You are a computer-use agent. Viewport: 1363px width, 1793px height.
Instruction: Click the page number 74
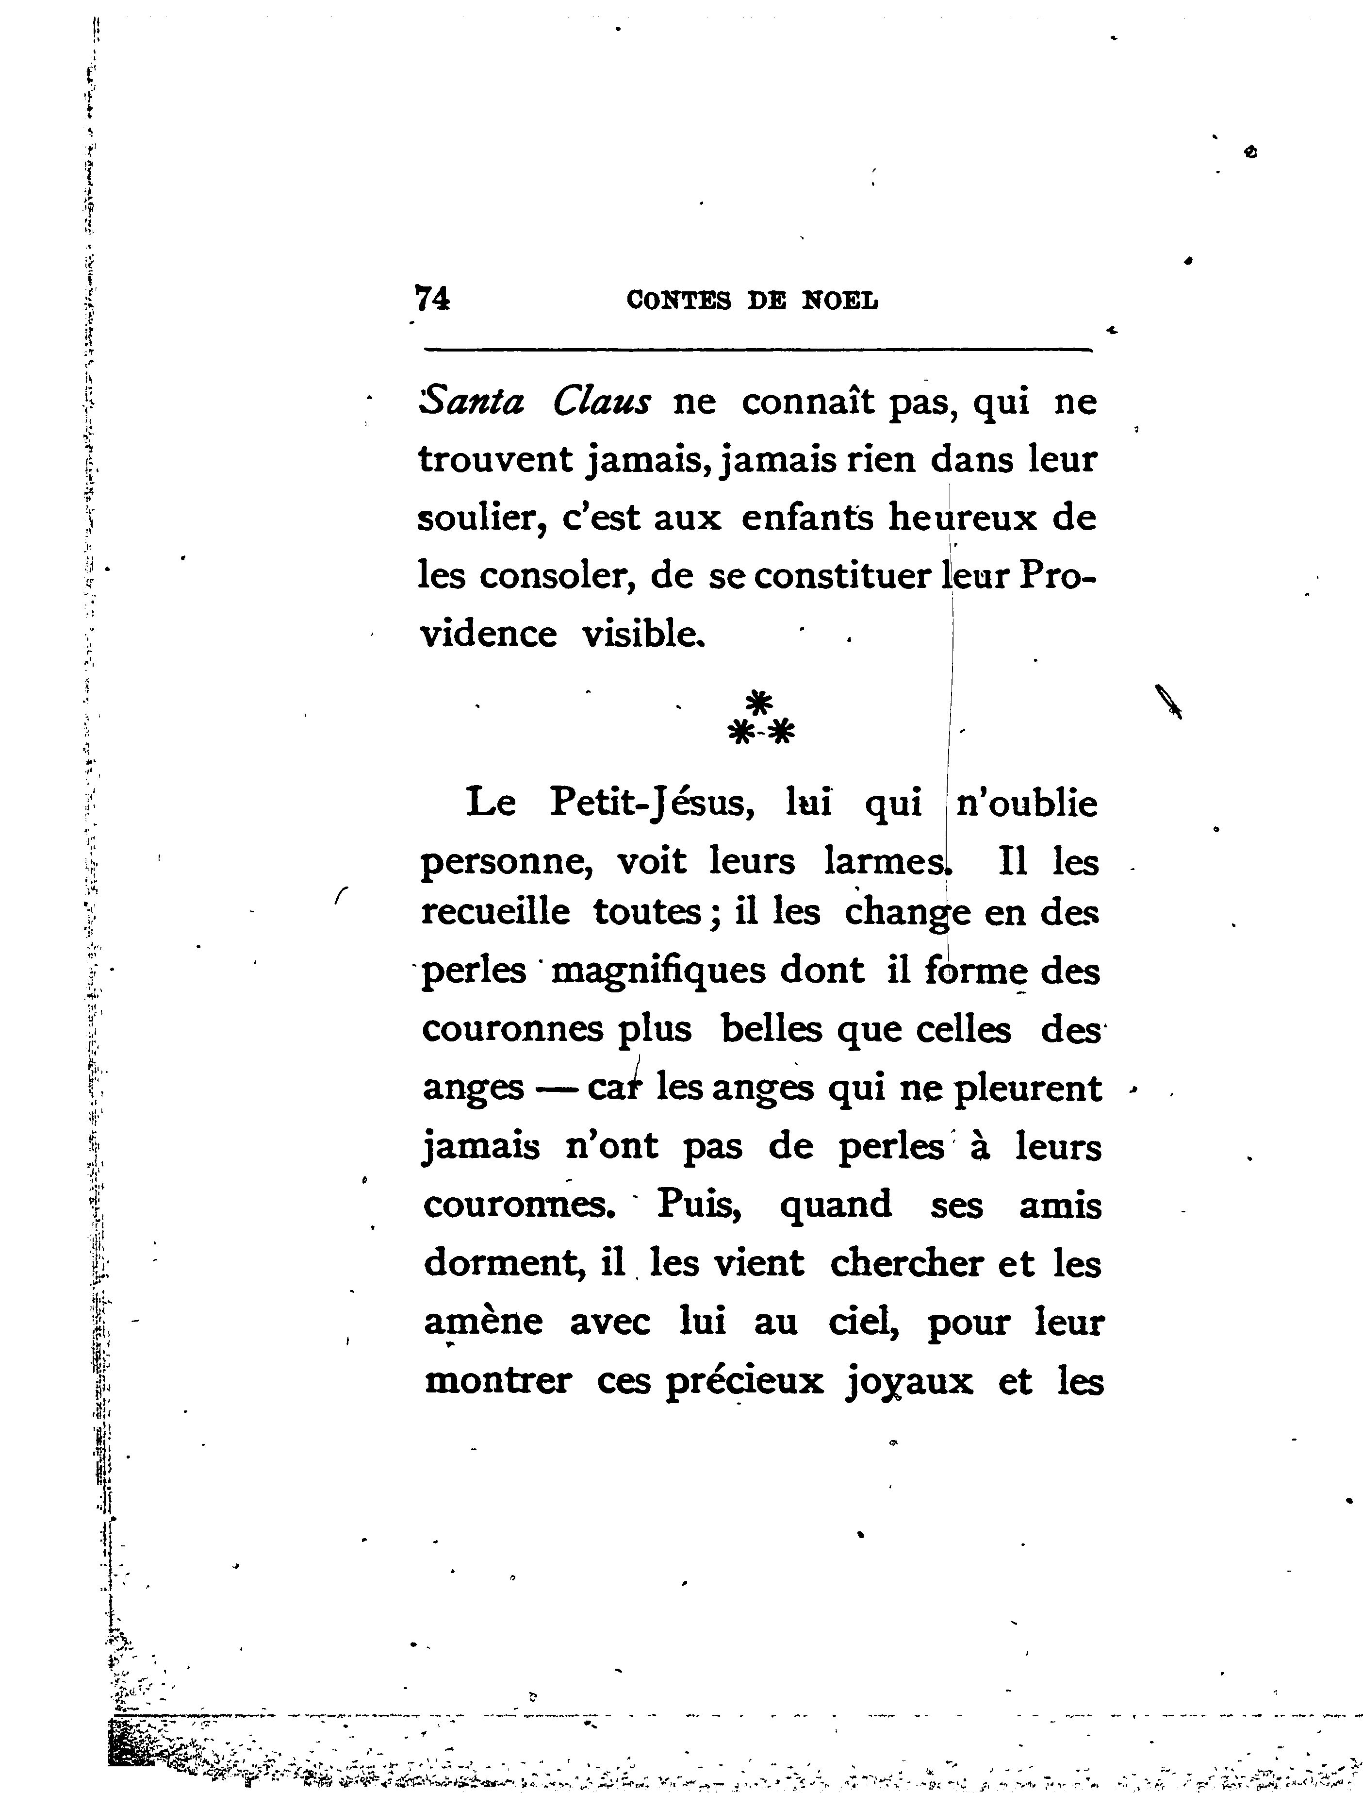(x=432, y=300)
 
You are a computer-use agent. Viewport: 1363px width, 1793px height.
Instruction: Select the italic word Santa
(x=472, y=402)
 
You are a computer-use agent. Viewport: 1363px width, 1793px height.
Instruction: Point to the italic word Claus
(x=602, y=402)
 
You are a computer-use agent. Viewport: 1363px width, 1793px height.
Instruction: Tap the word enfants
(x=807, y=518)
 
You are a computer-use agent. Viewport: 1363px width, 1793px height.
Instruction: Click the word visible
(x=642, y=634)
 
